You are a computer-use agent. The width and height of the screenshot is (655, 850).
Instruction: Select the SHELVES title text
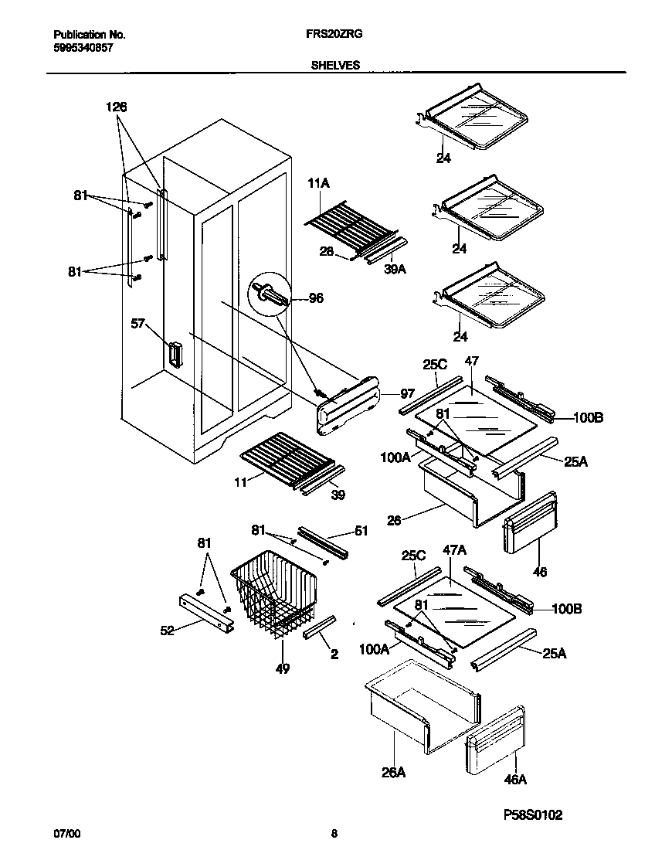pos(335,66)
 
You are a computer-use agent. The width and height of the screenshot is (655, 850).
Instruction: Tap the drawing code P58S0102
pos(532,815)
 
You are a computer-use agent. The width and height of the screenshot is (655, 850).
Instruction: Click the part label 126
pos(117,107)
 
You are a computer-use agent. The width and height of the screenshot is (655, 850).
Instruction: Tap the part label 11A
pos(319,183)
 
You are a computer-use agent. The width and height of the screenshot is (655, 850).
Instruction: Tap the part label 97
pos(407,394)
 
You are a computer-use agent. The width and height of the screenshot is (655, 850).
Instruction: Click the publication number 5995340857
pos(83,48)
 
